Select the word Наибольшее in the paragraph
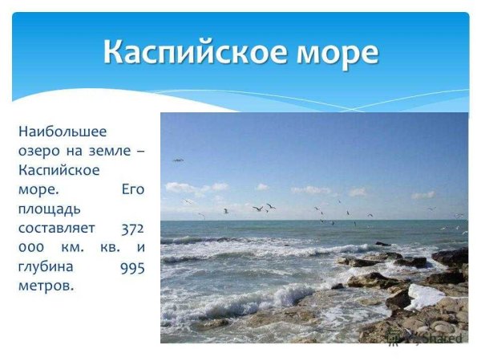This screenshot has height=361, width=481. [62, 128]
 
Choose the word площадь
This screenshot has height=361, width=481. [49, 209]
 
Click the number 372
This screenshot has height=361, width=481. [132, 228]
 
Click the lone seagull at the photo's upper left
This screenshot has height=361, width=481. [178, 160]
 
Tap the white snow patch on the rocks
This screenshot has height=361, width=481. [425, 297]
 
